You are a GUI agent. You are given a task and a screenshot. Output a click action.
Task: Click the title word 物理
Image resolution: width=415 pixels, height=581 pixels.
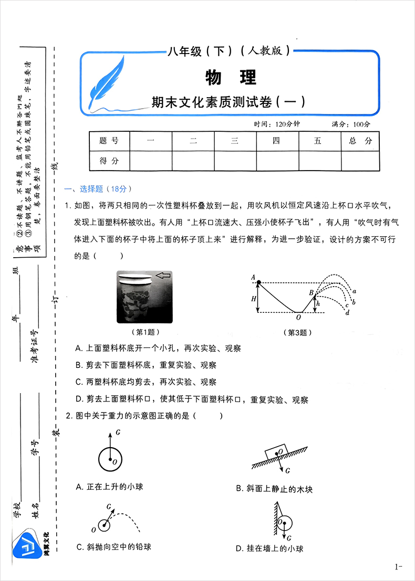[231, 78]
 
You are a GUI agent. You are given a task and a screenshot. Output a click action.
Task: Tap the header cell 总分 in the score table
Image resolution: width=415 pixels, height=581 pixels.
[360, 141]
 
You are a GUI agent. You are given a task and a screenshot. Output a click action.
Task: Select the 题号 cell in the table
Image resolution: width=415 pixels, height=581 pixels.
[109, 141]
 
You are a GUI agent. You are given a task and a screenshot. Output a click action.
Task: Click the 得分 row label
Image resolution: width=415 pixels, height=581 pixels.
[109, 161]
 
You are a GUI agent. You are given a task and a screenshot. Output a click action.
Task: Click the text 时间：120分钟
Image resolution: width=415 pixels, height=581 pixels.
[276, 124]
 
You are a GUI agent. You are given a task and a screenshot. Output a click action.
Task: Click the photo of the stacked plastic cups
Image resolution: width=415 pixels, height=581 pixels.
[135, 298]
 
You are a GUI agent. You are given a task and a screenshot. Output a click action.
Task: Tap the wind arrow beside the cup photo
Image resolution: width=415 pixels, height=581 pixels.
[164, 275]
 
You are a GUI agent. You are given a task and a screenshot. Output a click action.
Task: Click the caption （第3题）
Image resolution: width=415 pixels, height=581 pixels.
[298, 332]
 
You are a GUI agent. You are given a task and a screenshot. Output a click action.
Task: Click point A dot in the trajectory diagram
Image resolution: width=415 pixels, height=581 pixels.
[258, 283]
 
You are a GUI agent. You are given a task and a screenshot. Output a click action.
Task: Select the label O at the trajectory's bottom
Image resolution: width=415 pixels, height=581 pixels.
[298, 317]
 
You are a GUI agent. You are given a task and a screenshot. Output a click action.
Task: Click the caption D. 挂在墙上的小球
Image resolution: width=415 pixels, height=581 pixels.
[269, 548]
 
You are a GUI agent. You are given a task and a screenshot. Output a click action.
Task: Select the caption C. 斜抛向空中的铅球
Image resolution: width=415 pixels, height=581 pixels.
[113, 546]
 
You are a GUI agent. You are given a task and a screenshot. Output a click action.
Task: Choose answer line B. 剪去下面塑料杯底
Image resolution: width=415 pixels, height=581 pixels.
[146, 365]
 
